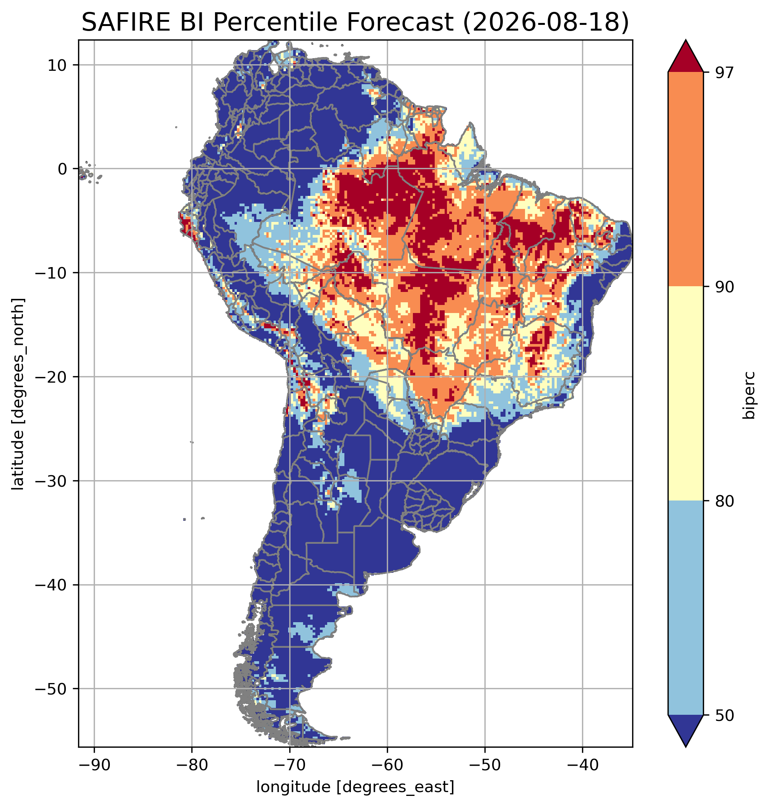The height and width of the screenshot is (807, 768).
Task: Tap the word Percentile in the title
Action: point(274,22)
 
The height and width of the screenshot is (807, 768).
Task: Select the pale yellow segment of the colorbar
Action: point(685,393)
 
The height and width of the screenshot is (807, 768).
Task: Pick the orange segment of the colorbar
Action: point(685,179)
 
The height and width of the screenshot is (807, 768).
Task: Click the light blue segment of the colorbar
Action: point(685,608)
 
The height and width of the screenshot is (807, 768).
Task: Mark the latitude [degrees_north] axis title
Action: point(18,393)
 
